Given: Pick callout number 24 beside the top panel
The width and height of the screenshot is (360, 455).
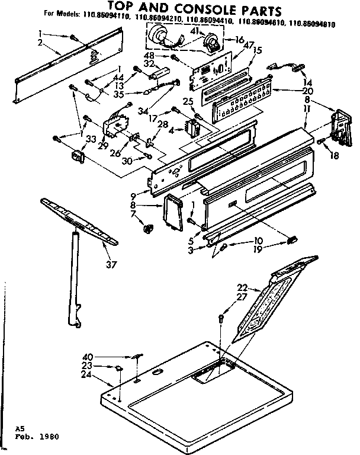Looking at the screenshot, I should click(86, 374).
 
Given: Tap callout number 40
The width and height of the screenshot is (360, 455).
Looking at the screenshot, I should click(88, 356).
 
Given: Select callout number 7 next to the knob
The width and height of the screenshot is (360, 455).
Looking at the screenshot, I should click(133, 213).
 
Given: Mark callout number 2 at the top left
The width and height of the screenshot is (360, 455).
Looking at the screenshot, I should click(40, 43).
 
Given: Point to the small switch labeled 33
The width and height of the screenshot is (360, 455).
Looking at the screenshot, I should click(76, 157).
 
